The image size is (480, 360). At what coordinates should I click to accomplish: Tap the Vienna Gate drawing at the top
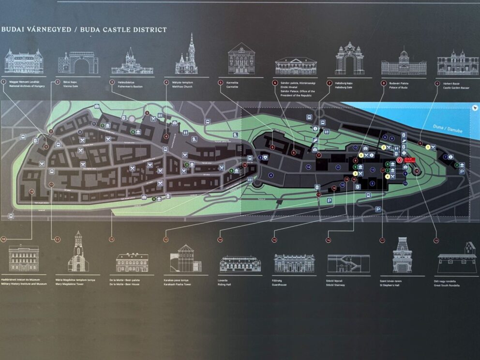coord(78,63)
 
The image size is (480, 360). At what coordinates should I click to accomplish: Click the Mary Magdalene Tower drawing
coord(78,252)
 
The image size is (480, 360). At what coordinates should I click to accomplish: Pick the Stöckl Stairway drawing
coord(348,264)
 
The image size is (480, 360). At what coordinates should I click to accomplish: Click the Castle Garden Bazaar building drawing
coord(458,63)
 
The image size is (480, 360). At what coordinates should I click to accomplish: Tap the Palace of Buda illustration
coord(404,63)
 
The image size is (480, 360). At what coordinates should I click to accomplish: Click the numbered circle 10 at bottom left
coord(3,239)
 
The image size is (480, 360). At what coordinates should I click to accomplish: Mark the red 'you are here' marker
coord(399,160)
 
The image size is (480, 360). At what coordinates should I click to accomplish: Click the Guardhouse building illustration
coord(294,263)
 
